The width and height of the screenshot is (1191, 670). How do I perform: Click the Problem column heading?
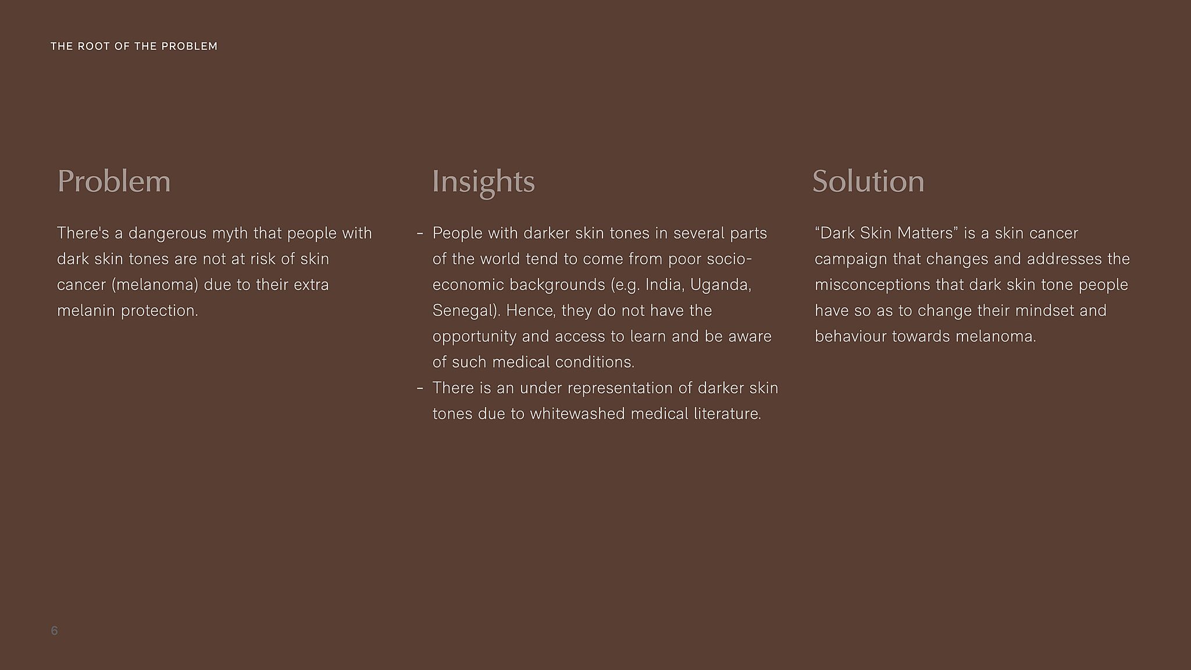[x=114, y=181]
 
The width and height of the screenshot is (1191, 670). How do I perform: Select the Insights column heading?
[x=483, y=182]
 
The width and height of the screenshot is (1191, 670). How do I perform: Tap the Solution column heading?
[x=868, y=181]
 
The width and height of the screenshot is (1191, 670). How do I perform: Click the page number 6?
[x=55, y=630]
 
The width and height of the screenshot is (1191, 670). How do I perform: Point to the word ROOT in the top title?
[x=94, y=47]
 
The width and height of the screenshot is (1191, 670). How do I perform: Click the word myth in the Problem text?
[x=230, y=234]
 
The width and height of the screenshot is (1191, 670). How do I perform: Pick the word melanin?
[x=87, y=311]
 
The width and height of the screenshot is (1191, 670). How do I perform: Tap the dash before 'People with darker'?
[x=420, y=234]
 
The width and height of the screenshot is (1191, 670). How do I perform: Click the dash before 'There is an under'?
[x=420, y=389]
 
